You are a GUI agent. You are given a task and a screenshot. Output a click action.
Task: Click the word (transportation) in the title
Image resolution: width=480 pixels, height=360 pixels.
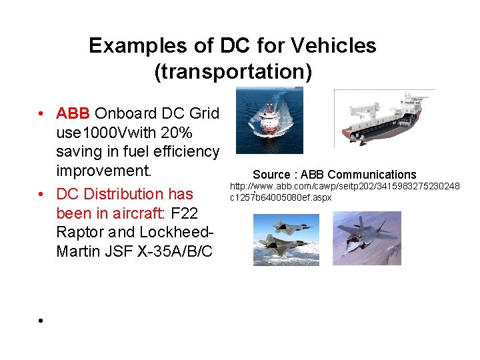(233, 71)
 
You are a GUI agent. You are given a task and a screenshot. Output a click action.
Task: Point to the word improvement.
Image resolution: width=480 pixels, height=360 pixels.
(103, 171)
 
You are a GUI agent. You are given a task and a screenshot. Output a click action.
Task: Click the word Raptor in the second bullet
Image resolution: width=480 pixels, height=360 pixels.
(81, 233)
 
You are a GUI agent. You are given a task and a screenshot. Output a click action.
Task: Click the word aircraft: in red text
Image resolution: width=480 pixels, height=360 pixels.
(138, 213)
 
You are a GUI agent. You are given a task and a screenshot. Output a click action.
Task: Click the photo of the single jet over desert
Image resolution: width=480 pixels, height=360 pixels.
(367, 239)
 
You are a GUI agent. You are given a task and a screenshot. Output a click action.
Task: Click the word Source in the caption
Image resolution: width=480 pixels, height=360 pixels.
(271, 175)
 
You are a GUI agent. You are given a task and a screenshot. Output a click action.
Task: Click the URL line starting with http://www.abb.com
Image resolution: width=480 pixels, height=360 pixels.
(345, 187)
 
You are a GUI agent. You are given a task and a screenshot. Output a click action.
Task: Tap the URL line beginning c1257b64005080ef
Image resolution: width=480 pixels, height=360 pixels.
(281, 197)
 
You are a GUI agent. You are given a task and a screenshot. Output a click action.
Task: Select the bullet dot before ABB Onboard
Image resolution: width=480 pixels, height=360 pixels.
(41, 113)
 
